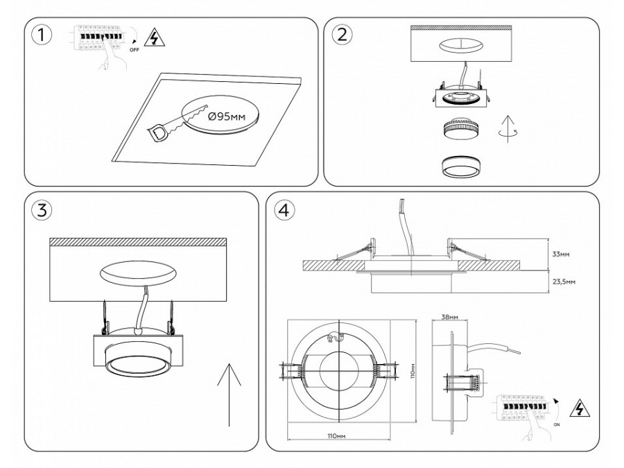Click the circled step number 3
pos(44,211)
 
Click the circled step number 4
pos(283,211)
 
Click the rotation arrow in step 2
pos(510,130)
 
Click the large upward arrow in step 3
pos(229,395)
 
